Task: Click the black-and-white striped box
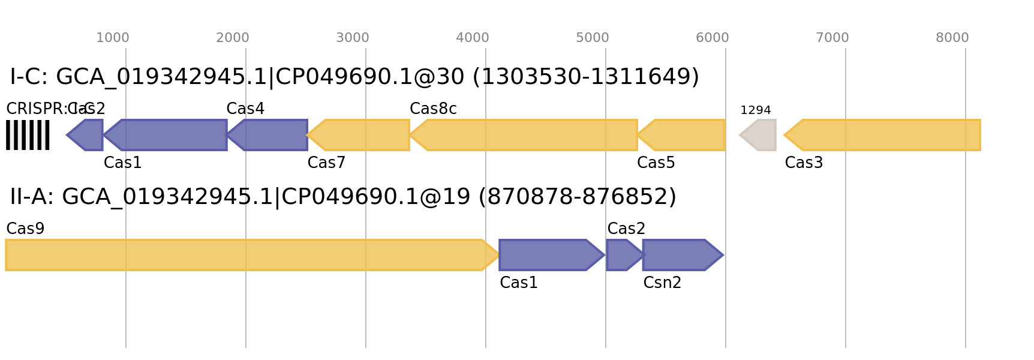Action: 28,135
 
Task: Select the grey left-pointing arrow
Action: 759,135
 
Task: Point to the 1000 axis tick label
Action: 113,38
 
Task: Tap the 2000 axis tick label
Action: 233,38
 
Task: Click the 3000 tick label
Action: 353,38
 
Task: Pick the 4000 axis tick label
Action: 473,38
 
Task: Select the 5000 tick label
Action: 593,38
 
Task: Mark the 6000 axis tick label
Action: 713,38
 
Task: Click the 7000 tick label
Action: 832,38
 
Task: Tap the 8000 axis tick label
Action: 952,38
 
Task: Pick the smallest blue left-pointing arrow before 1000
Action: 87,135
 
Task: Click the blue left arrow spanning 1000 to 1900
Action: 168,135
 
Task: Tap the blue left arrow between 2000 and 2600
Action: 270,135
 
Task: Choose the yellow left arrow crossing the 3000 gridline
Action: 360,135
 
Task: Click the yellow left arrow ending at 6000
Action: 684,135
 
